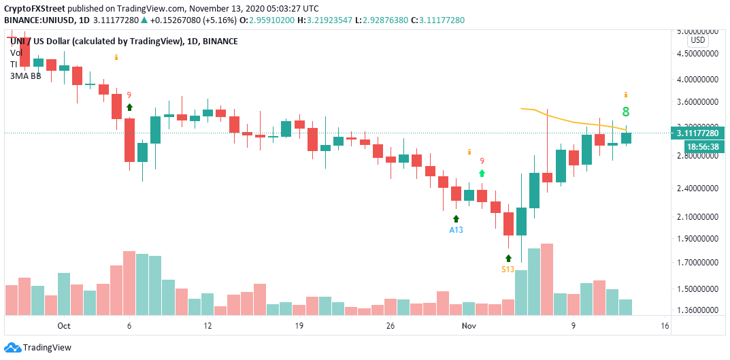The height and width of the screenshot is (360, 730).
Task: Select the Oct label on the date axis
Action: pyautogui.click(x=64, y=326)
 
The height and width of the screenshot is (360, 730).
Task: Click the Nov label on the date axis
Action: pyautogui.click(x=469, y=326)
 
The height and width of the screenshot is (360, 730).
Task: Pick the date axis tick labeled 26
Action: pyautogui.click(x=390, y=326)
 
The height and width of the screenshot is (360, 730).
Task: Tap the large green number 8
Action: pyautogui.click(x=625, y=112)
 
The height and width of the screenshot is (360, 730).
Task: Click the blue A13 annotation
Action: pyautogui.click(x=456, y=230)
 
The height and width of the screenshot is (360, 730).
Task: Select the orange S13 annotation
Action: pyautogui.click(x=508, y=269)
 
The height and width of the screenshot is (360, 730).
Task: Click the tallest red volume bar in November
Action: pyautogui.click(x=546, y=279)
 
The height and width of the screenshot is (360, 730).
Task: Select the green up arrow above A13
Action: pyautogui.click(x=456, y=218)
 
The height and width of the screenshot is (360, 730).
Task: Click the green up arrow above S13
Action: pyautogui.click(x=508, y=258)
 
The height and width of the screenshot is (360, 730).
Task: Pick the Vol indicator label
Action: pyautogui.click(x=16, y=52)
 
